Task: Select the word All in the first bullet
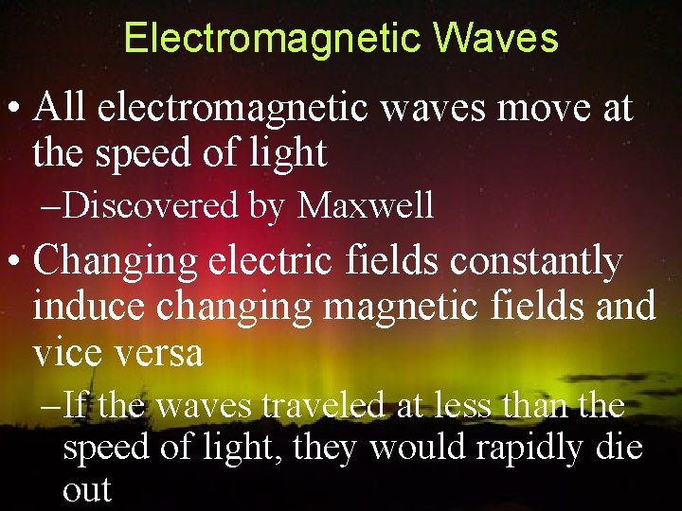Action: click(x=61, y=109)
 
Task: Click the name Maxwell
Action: click(x=366, y=204)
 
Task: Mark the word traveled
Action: click(x=324, y=406)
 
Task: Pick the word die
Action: click(x=619, y=448)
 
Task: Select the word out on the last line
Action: click(x=86, y=489)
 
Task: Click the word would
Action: click(x=412, y=448)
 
